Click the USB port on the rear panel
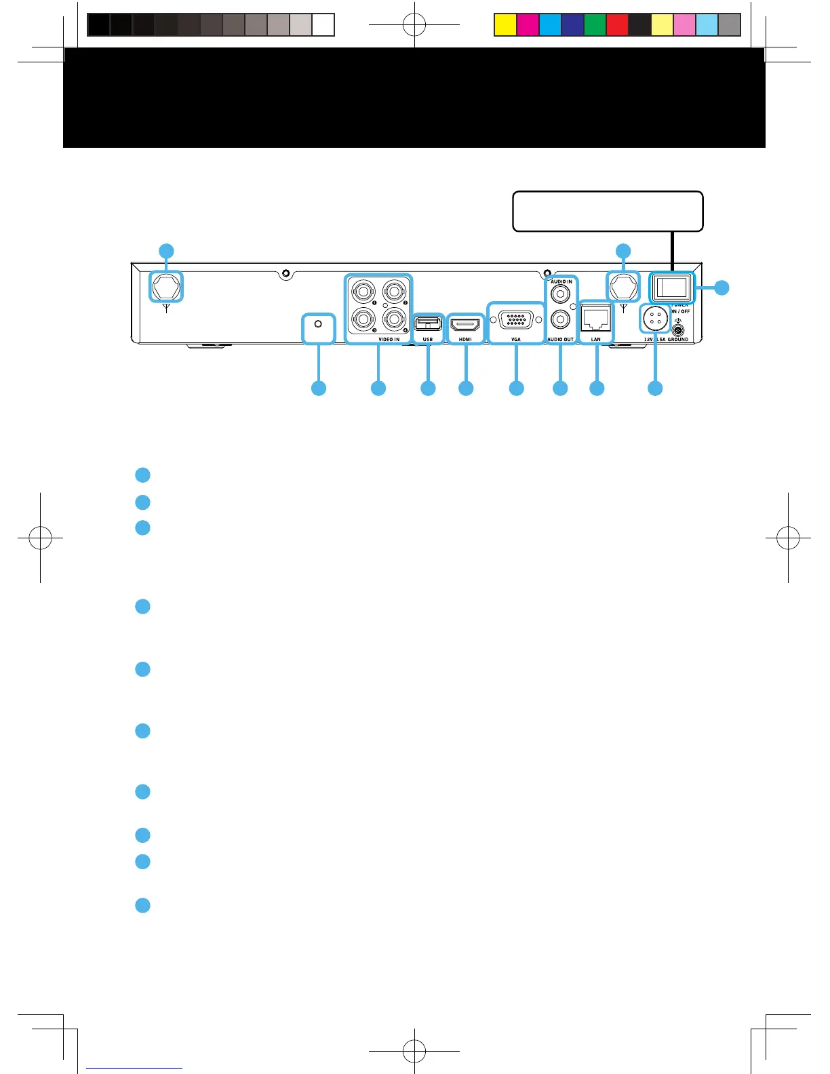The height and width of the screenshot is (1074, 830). (x=428, y=324)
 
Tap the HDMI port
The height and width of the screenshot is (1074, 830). (x=465, y=325)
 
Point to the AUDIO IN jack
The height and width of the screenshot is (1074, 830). (x=560, y=294)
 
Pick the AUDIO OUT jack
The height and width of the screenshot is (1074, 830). (x=560, y=318)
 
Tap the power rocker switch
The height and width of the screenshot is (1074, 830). (x=672, y=287)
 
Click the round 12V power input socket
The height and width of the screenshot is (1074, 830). (x=655, y=317)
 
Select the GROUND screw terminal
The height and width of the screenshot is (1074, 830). (x=678, y=330)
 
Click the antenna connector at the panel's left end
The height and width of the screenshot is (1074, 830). (x=166, y=286)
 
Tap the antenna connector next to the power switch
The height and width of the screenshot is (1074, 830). (x=623, y=286)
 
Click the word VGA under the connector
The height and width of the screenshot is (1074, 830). (x=516, y=339)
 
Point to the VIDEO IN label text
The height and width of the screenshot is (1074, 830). (x=389, y=339)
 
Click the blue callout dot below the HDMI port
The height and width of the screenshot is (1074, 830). (x=466, y=389)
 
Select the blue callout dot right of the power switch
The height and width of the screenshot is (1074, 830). (x=722, y=287)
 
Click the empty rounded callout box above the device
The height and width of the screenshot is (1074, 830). (x=607, y=212)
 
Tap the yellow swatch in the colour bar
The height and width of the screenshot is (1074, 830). (x=505, y=25)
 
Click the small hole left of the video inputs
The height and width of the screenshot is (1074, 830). (x=319, y=325)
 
